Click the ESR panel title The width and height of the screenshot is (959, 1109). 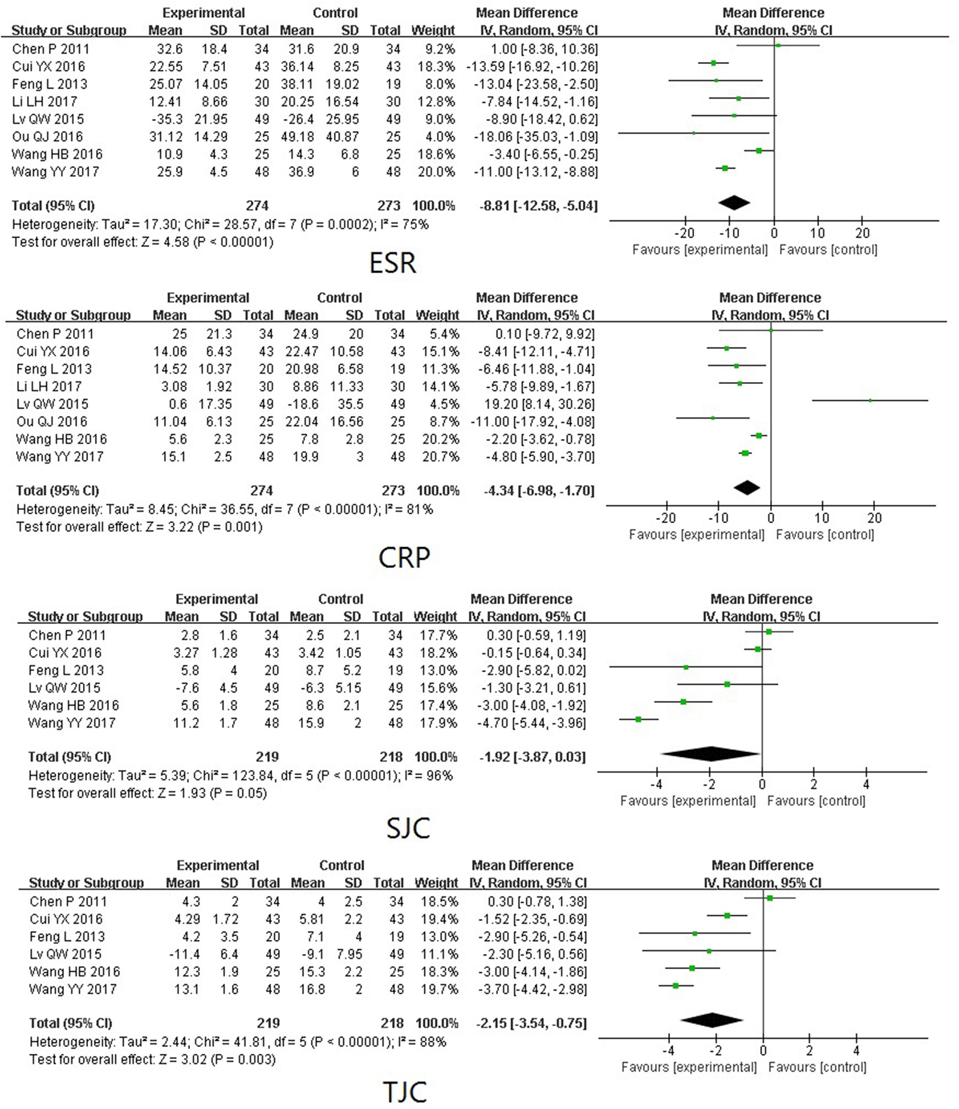click(x=392, y=264)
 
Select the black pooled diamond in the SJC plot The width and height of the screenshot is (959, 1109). click(x=711, y=754)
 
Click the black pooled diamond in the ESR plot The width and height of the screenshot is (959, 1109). click(x=734, y=203)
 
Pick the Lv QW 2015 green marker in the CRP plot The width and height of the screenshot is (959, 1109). click(x=870, y=401)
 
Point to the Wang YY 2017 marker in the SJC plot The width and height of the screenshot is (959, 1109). click(x=639, y=719)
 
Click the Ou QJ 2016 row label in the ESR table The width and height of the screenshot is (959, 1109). click(x=48, y=136)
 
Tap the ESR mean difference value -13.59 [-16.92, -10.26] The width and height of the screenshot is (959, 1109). click(x=532, y=67)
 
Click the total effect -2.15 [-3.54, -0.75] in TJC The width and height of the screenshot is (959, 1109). click(x=531, y=1023)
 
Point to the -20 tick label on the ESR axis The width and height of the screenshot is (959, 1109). click(x=684, y=233)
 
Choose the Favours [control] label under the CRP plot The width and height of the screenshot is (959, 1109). click(x=825, y=535)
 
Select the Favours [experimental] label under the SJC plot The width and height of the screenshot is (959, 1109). click(x=688, y=801)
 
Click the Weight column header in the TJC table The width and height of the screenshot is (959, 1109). click(x=436, y=883)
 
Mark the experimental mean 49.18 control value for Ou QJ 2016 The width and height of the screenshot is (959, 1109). click(x=297, y=136)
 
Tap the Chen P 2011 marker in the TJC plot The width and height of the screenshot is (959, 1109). click(x=770, y=898)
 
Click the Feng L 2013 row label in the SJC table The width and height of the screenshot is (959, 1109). click(x=66, y=670)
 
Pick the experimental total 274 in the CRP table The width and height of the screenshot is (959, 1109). click(x=261, y=490)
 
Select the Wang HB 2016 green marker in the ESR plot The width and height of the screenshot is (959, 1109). click(x=759, y=150)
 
